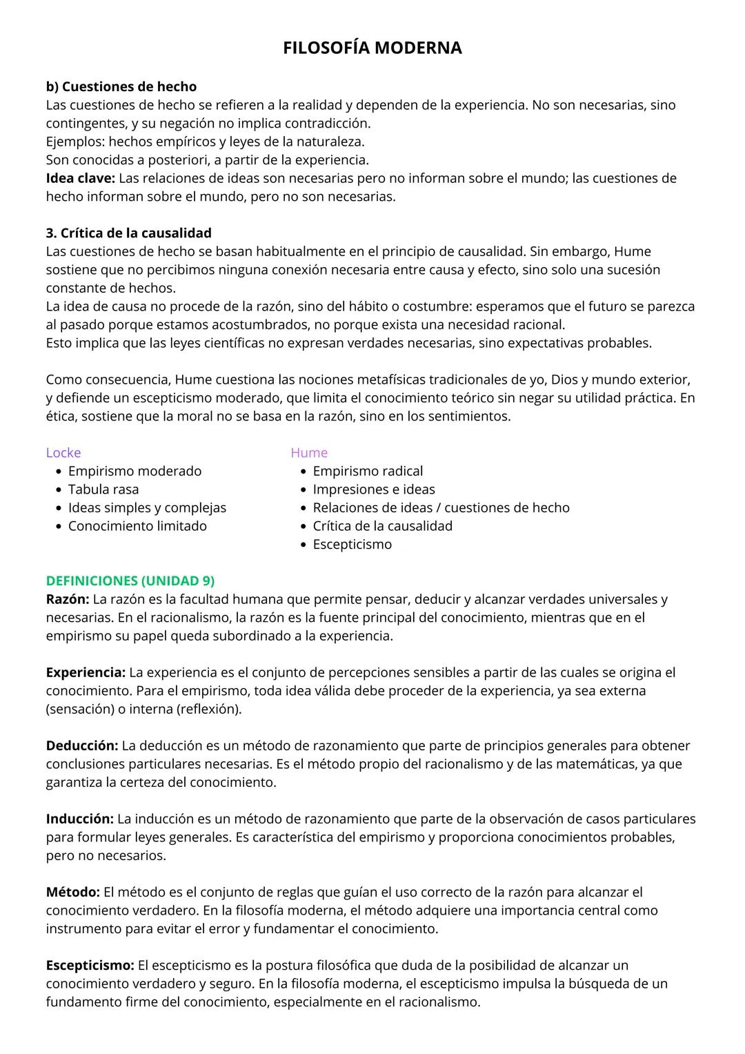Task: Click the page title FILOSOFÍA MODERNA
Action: coord(372,48)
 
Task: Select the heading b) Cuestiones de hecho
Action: coord(121,87)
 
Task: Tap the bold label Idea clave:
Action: coord(80,178)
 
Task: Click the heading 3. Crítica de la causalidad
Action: coord(128,233)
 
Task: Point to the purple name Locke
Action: coord(63,453)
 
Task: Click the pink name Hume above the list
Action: coord(308,453)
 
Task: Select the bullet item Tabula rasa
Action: coord(103,489)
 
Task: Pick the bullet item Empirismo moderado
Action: coord(135,471)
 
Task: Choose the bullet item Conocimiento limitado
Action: coord(137,526)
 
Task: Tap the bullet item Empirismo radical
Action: coord(368,471)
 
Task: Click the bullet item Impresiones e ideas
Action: coord(373,489)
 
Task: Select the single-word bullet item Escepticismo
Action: coord(352,545)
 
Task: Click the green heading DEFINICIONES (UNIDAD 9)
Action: coord(130,581)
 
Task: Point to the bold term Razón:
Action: coord(68,599)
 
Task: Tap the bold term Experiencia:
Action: coord(86,672)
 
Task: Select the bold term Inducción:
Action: coord(79,819)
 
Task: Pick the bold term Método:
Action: coord(73,892)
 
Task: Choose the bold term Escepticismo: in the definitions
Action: coord(90,965)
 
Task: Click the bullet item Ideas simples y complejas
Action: coord(147,508)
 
